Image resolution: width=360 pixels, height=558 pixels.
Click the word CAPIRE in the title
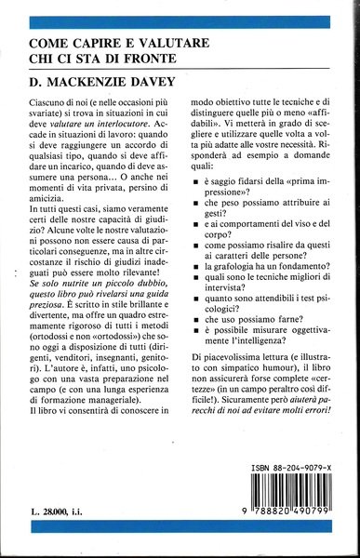(x=87, y=44)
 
